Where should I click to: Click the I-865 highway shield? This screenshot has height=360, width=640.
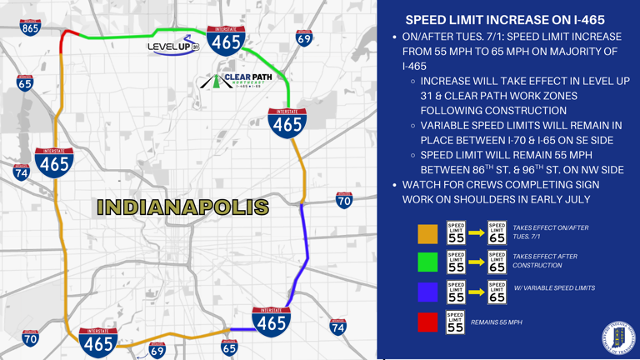(x=31, y=27)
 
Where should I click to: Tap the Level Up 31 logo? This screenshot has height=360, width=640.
(x=173, y=47)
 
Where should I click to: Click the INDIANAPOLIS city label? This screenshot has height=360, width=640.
(x=182, y=207)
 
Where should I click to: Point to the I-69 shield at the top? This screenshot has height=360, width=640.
(x=304, y=38)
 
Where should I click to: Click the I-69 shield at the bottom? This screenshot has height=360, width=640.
(x=157, y=350)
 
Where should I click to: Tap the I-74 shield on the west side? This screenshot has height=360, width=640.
(x=21, y=172)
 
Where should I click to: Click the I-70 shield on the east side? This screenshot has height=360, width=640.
(x=343, y=200)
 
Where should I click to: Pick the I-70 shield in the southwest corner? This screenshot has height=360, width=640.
(x=30, y=337)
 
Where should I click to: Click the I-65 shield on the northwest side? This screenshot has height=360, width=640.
(x=25, y=82)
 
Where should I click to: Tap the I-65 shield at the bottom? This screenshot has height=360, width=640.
(x=229, y=347)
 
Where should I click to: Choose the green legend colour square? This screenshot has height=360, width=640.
(x=427, y=262)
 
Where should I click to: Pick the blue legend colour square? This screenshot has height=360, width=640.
(x=427, y=291)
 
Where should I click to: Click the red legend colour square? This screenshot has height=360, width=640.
(x=427, y=322)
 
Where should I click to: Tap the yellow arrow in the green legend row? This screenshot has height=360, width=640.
(x=476, y=262)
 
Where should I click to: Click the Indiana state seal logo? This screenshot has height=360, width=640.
(x=617, y=337)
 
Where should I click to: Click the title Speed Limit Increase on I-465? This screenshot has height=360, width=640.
(x=505, y=19)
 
